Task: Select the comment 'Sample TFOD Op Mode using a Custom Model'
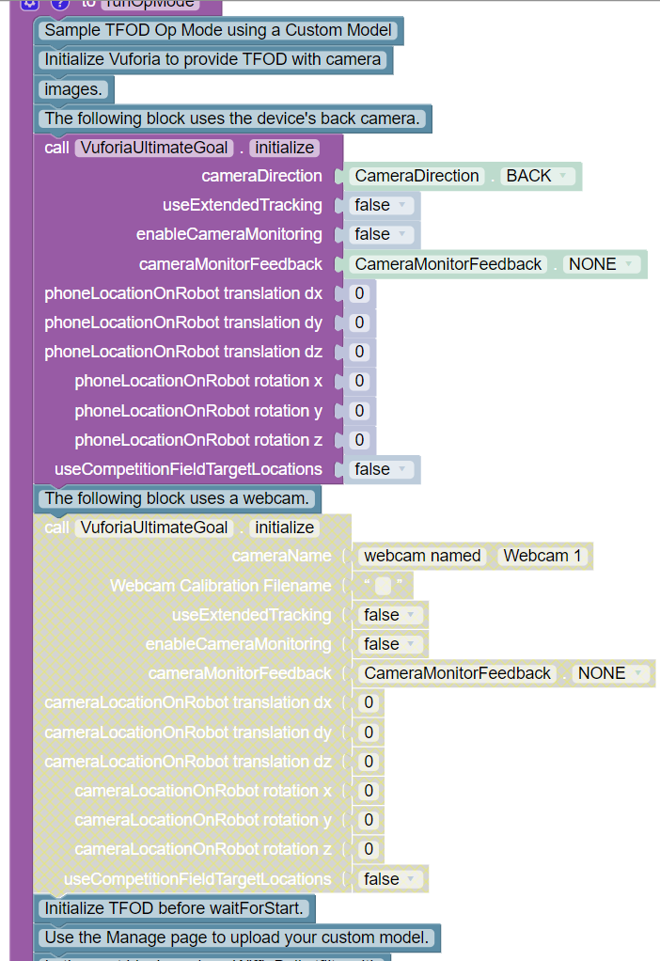click(218, 30)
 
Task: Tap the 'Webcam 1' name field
click(542, 556)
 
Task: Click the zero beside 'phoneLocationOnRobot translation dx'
click(359, 293)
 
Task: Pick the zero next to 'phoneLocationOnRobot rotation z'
click(359, 439)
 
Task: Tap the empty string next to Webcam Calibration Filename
click(383, 586)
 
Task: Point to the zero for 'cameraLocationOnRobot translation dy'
click(369, 732)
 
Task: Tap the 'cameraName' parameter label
click(282, 556)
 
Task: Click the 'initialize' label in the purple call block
click(284, 148)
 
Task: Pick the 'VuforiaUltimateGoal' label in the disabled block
click(155, 528)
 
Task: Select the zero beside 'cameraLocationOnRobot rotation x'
click(369, 791)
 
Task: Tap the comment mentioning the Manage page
click(237, 937)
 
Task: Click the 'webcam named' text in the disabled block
click(422, 556)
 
